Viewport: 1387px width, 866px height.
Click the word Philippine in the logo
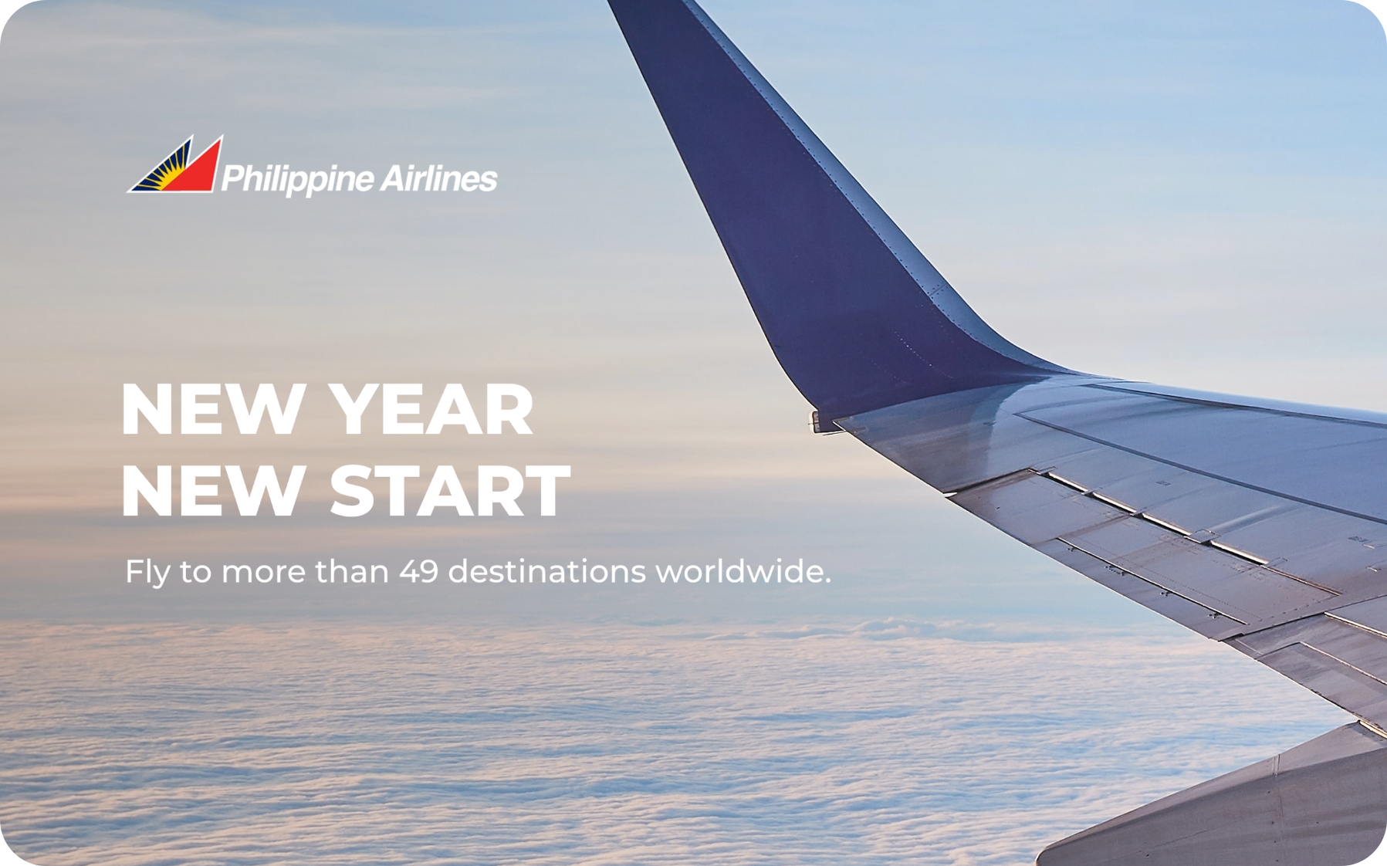coord(297,179)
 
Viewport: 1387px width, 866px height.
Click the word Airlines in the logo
coord(438,178)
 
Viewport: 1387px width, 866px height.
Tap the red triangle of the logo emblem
coord(195,170)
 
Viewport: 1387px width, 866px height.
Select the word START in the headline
coord(450,491)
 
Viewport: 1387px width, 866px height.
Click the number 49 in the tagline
coord(418,572)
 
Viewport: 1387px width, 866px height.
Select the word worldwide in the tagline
coord(739,571)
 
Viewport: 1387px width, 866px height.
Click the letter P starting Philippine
coord(232,178)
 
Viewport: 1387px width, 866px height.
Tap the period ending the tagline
coord(827,581)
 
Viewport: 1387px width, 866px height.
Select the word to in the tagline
coord(195,573)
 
